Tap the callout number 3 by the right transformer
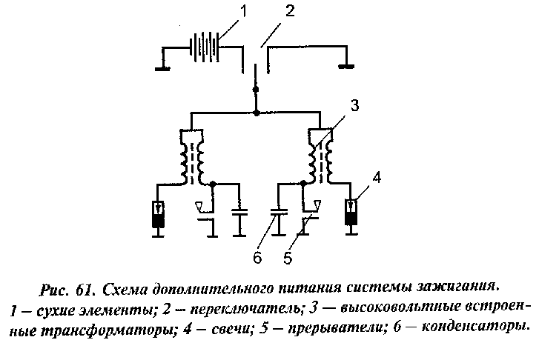354,106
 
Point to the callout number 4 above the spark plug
377,178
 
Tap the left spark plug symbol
156,215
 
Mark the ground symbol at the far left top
161,69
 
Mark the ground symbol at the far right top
345,65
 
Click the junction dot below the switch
257,113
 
